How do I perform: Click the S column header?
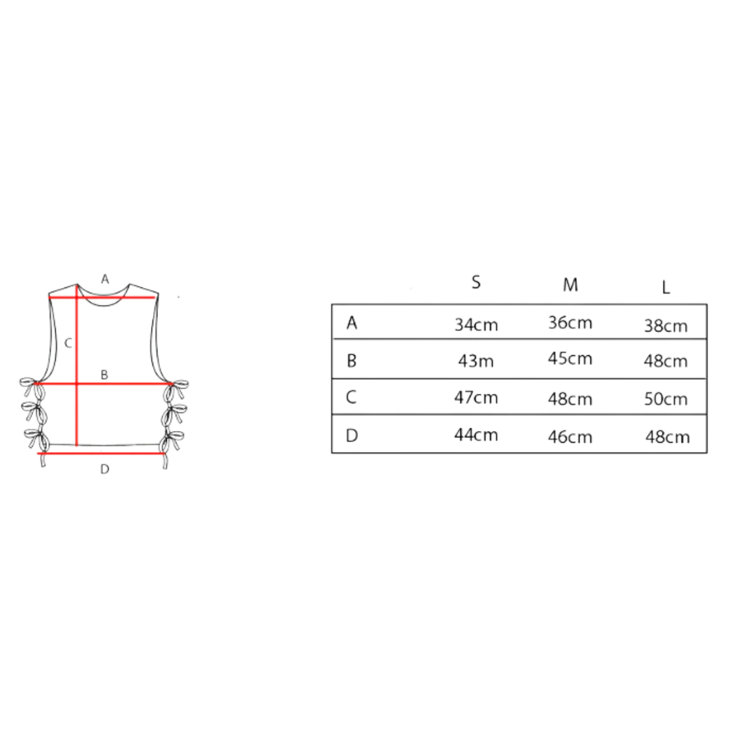click(x=476, y=282)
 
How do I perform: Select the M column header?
click(x=570, y=285)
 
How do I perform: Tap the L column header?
click(x=666, y=287)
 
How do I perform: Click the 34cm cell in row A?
click(x=476, y=325)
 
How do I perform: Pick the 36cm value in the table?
click(x=570, y=323)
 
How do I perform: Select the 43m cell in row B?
click(x=476, y=361)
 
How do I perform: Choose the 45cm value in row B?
click(x=570, y=359)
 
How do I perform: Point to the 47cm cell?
click(x=476, y=397)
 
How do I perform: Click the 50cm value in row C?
click(x=666, y=399)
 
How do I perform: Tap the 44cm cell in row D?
click(x=476, y=434)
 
